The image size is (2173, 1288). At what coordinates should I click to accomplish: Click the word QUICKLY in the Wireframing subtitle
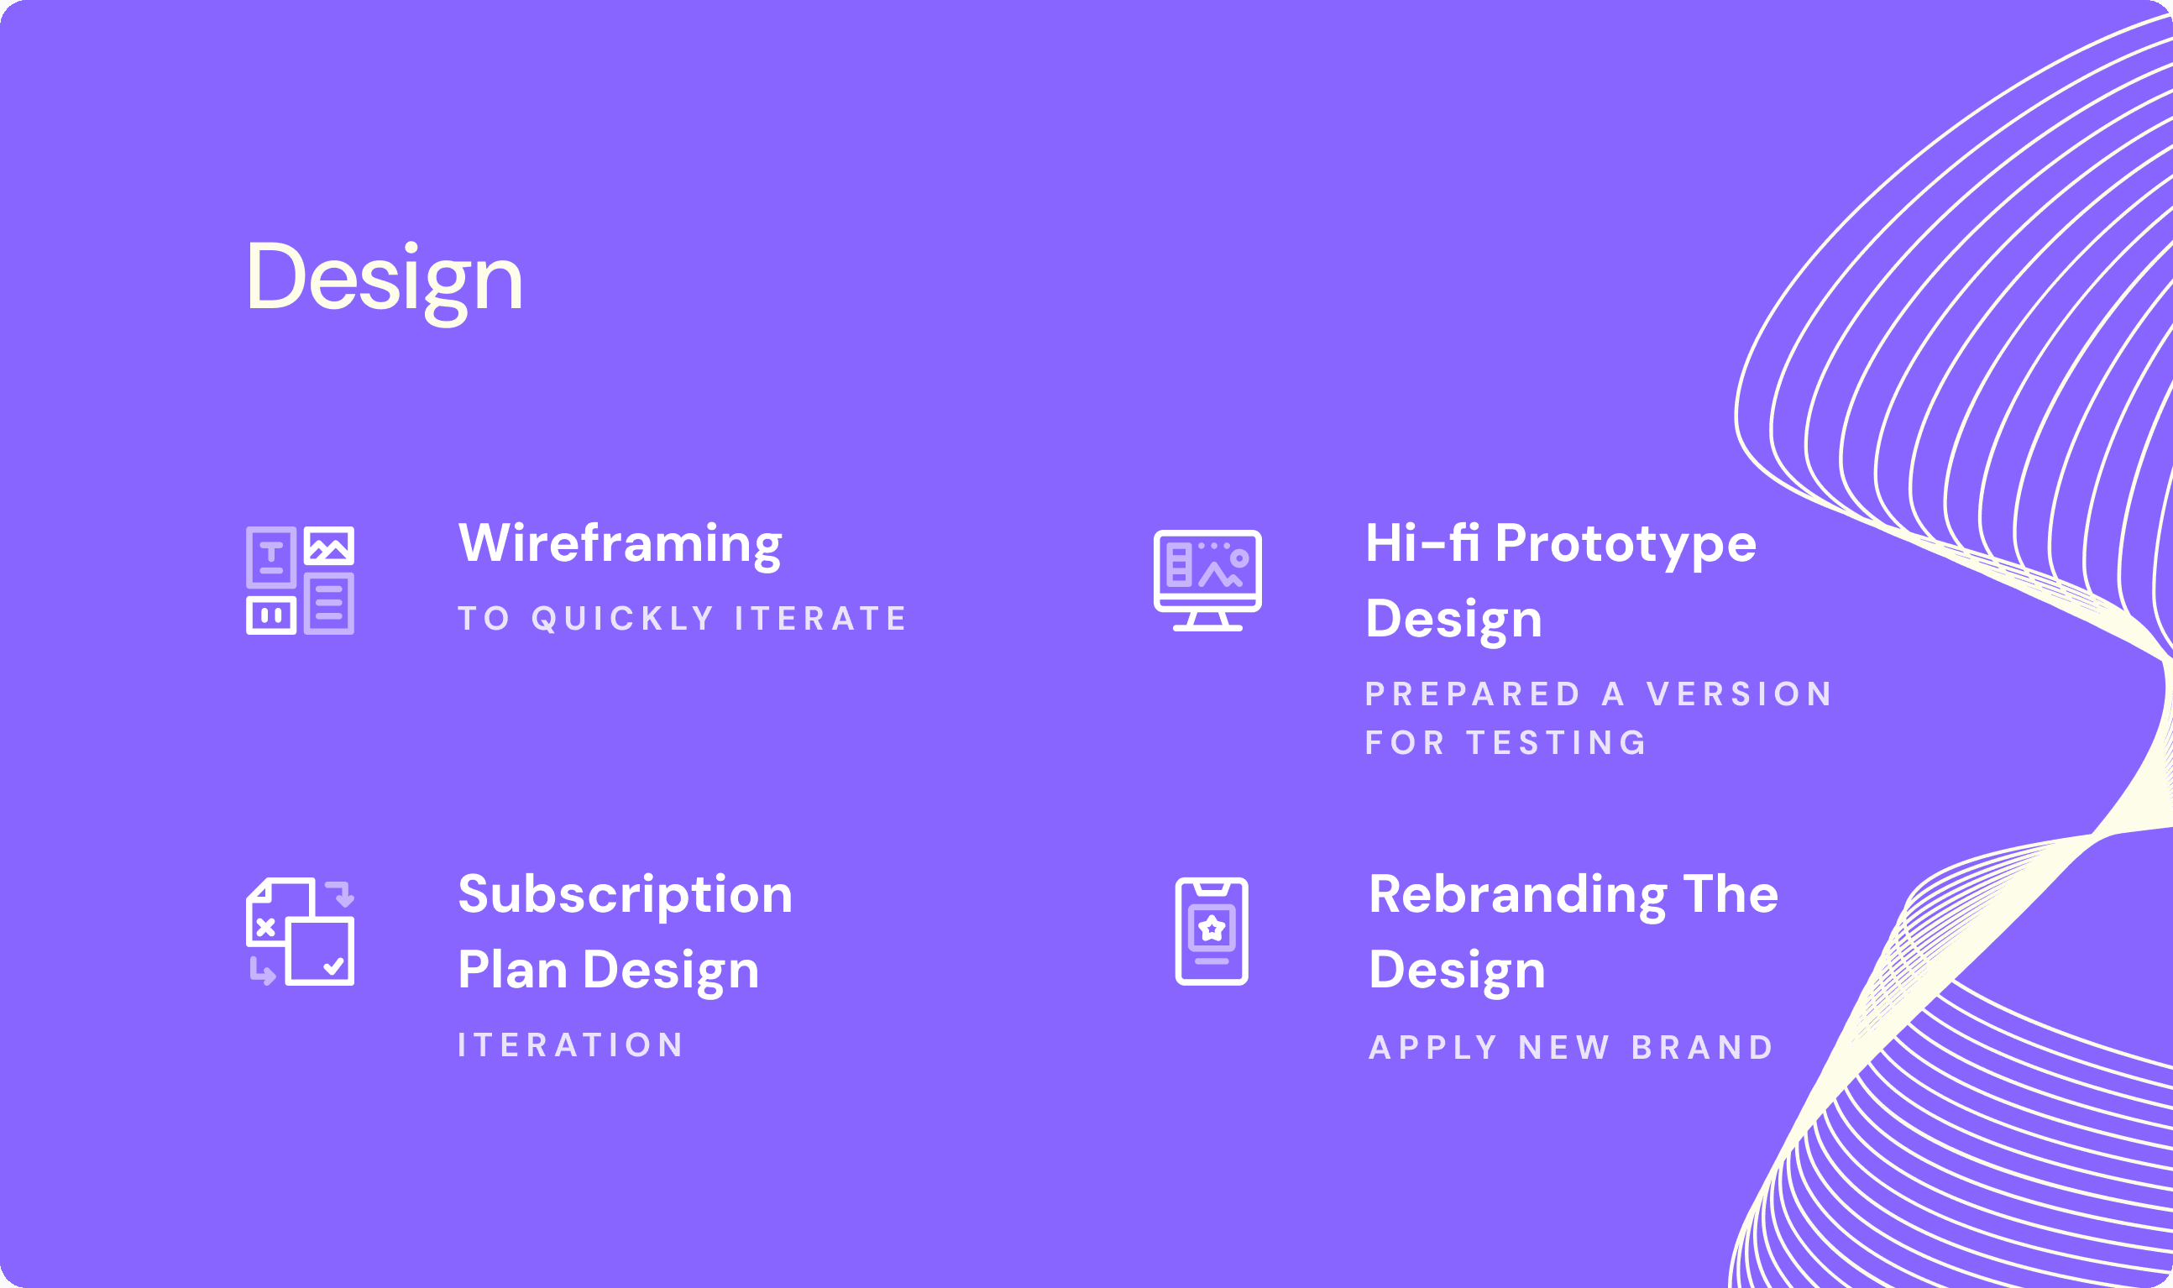tap(622, 619)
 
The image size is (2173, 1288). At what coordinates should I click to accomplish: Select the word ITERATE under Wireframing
tap(820, 619)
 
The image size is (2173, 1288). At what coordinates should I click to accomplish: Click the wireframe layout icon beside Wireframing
tap(301, 581)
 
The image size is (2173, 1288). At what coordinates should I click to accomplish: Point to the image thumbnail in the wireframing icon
tap(329, 546)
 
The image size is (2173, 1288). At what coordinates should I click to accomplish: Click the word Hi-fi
tap(1422, 543)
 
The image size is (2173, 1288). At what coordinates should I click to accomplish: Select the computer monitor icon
tap(1207, 581)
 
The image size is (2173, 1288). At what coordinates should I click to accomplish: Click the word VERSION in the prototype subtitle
tap(1739, 694)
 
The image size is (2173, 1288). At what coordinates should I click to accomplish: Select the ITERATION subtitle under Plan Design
tap(571, 1045)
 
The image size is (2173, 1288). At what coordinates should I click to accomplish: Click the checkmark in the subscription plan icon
tap(333, 966)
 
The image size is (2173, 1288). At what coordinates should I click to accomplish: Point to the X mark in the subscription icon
tap(265, 927)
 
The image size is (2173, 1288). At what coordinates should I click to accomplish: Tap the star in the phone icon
tap(1212, 929)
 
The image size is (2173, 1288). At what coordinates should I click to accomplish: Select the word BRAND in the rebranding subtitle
tap(1703, 1048)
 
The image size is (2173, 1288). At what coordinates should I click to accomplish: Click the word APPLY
tap(1433, 1048)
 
